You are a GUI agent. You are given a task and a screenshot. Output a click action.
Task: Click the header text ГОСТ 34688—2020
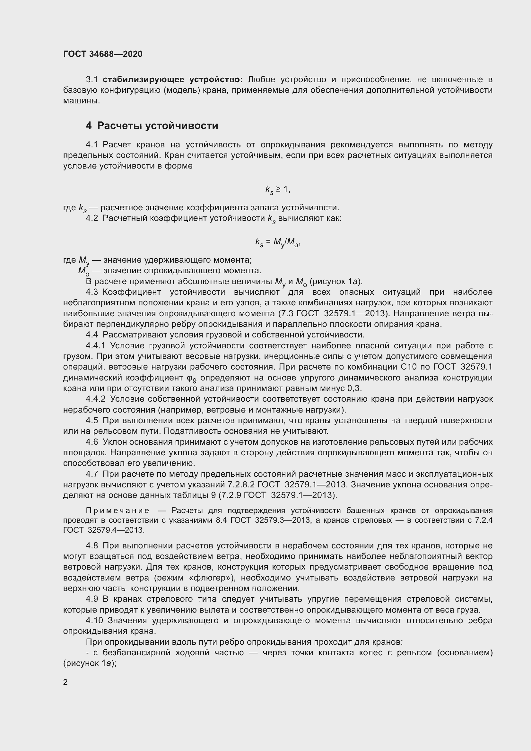pyautogui.click(x=103, y=54)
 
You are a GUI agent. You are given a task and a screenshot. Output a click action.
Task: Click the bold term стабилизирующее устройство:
pyautogui.click(x=173, y=80)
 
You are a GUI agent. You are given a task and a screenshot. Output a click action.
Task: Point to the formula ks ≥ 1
pyautogui.click(x=278, y=189)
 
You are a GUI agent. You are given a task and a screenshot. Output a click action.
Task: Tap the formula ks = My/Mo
pyautogui.click(x=278, y=242)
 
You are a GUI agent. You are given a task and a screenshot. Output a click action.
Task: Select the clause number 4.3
pyautogui.click(x=91, y=292)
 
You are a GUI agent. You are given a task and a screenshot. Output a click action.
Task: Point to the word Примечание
pyautogui.click(x=118, y=511)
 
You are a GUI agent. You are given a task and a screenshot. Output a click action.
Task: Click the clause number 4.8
pyautogui.click(x=91, y=546)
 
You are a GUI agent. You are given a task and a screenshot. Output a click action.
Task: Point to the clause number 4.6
pyautogui.click(x=91, y=442)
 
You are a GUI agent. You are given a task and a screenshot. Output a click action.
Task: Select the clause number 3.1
pyautogui.click(x=91, y=80)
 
